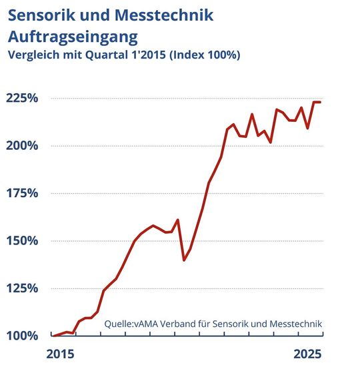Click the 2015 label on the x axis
[x=61, y=353]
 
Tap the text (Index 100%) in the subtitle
[x=205, y=55]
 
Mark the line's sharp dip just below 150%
[x=184, y=260]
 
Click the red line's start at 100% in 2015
[x=53, y=336]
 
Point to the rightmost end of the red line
[x=321, y=102]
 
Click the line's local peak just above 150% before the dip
[x=177, y=220]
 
